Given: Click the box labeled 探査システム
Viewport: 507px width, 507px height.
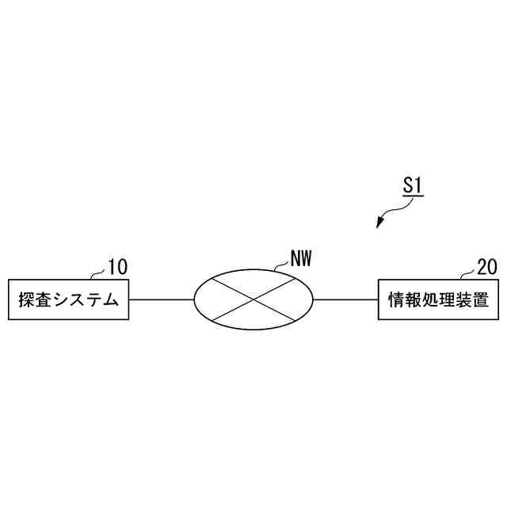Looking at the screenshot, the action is pyautogui.click(x=68, y=299).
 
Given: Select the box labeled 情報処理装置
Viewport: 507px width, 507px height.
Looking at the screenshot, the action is pyautogui.click(x=438, y=299).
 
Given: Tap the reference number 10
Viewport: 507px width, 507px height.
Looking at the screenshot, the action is pyautogui.click(x=117, y=267).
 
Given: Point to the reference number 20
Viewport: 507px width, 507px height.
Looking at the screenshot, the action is pyautogui.click(x=488, y=267).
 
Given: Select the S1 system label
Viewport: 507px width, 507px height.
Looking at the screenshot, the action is pyautogui.click(x=412, y=187).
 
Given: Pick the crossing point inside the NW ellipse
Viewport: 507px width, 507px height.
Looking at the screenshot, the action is pyautogui.click(x=253, y=299).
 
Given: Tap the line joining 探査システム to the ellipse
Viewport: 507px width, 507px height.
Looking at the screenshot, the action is pyautogui.click(x=162, y=299).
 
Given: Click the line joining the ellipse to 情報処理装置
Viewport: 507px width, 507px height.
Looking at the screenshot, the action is pyautogui.click(x=346, y=299).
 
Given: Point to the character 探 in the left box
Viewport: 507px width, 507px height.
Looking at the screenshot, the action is pyautogui.click(x=26, y=300).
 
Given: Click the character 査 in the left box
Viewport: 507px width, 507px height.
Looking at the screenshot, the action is pyautogui.click(x=43, y=300).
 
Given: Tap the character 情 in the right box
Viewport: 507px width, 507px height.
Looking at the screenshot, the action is pyautogui.click(x=396, y=300).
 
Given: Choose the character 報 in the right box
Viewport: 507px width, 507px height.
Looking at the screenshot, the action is pyautogui.click(x=413, y=300).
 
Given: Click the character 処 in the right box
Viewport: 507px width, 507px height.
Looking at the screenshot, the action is pyautogui.click(x=429, y=300).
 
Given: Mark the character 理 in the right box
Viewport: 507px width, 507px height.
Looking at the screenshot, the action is pyautogui.click(x=447, y=300).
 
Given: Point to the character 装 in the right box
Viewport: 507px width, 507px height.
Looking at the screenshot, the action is pyautogui.click(x=463, y=300).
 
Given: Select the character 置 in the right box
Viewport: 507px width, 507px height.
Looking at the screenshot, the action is pyautogui.click(x=480, y=300).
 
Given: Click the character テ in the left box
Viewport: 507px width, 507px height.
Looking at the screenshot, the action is pyautogui.click(x=93, y=300).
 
